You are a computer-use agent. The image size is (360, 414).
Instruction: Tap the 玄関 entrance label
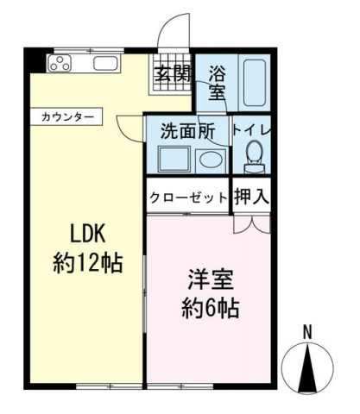[x=172, y=73]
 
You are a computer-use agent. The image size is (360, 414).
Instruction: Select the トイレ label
[x=253, y=130]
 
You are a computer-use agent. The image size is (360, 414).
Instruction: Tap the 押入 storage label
[x=253, y=196]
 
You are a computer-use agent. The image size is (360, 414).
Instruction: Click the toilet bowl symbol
[x=253, y=156]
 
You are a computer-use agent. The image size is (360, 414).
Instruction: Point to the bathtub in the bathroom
[x=255, y=81]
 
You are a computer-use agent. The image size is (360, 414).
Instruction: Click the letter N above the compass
[x=307, y=333]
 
